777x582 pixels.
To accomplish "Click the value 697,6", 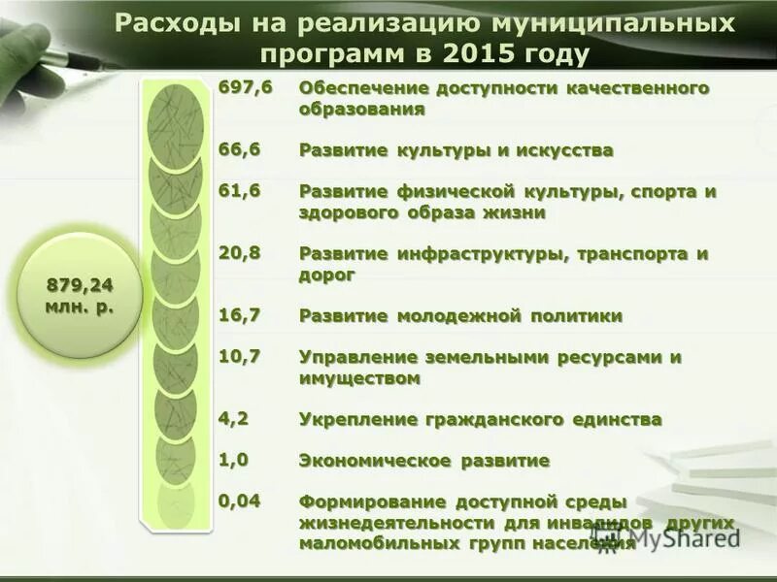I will click(x=245, y=88).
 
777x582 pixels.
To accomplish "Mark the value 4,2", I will click(x=234, y=418).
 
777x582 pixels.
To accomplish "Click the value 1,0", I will click(x=234, y=459).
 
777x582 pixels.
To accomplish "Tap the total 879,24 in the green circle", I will click(x=81, y=285).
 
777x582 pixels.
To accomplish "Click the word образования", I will click(x=361, y=110).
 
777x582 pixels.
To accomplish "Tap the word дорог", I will click(x=327, y=275).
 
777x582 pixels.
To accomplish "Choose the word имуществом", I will click(x=359, y=378).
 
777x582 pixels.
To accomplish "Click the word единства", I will click(x=616, y=419).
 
